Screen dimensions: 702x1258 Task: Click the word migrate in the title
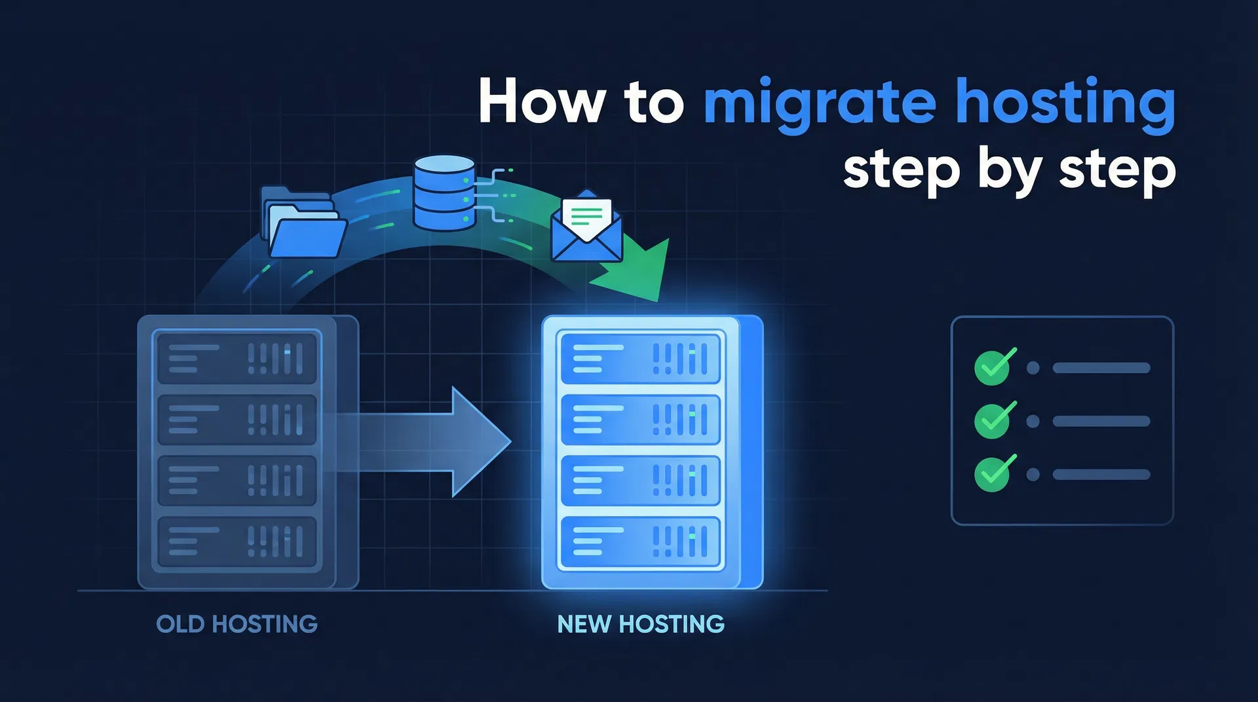(x=819, y=103)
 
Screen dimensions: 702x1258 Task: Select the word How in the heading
(x=541, y=102)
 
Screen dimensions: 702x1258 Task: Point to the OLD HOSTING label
(x=237, y=624)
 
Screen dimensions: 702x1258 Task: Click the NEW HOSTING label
(x=641, y=624)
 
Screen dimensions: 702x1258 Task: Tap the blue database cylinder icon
(x=444, y=193)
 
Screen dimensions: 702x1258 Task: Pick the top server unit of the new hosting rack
(x=640, y=359)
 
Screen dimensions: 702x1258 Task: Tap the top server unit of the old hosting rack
(x=237, y=359)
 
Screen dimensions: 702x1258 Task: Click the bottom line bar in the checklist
(x=1101, y=475)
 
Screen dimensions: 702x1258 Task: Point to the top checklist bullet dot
(x=1033, y=368)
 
